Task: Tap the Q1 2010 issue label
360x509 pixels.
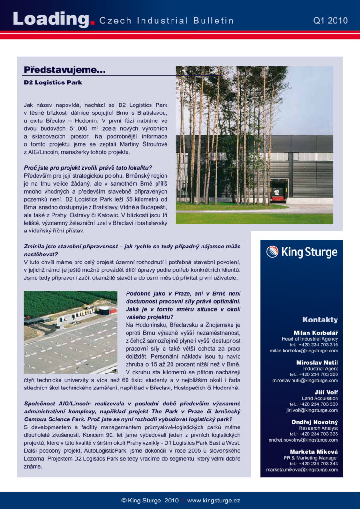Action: (x=330, y=21)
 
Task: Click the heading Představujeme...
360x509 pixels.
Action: (x=65, y=71)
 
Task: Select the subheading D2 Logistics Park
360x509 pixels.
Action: (x=53, y=82)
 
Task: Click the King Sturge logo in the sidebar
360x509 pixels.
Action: (x=302, y=252)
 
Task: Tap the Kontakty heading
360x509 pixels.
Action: (x=320, y=320)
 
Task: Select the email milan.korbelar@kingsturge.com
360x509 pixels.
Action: (x=304, y=351)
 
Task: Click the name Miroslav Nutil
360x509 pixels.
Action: (x=317, y=362)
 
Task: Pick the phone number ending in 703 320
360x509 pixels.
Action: (x=314, y=374)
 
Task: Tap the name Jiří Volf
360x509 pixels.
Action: (x=326, y=392)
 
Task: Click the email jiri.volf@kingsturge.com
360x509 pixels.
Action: (x=312, y=410)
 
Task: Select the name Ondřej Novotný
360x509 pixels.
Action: (x=315, y=422)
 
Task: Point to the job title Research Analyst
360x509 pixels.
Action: (x=318, y=428)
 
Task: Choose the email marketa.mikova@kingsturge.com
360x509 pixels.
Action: (x=302, y=470)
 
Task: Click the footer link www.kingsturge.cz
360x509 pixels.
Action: (x=213, y=501)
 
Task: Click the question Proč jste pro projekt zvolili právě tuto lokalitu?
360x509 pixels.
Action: (x=88, y=168)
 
